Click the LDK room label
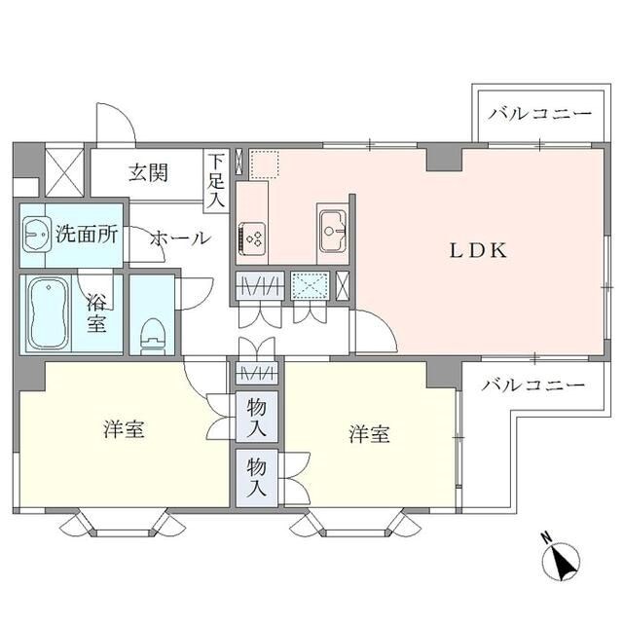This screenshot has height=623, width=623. tap(478, 250)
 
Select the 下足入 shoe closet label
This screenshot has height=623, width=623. tap(215, 180)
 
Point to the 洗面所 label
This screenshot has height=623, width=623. tap(86, 234)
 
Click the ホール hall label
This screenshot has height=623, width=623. tap(178, 238)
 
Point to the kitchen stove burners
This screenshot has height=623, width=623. tap(252, 237)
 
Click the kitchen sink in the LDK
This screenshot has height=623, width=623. tap(331, 230)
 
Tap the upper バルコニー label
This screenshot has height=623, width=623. tap(539, 114)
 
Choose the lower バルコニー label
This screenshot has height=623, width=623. tap(533, 385)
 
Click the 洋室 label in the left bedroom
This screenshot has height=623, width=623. tap(126, 429)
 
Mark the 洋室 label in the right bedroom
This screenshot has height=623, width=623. tap(370, 435)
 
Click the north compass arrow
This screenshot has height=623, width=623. tap(564, 559)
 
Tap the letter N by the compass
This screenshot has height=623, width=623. tap(546, 536)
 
